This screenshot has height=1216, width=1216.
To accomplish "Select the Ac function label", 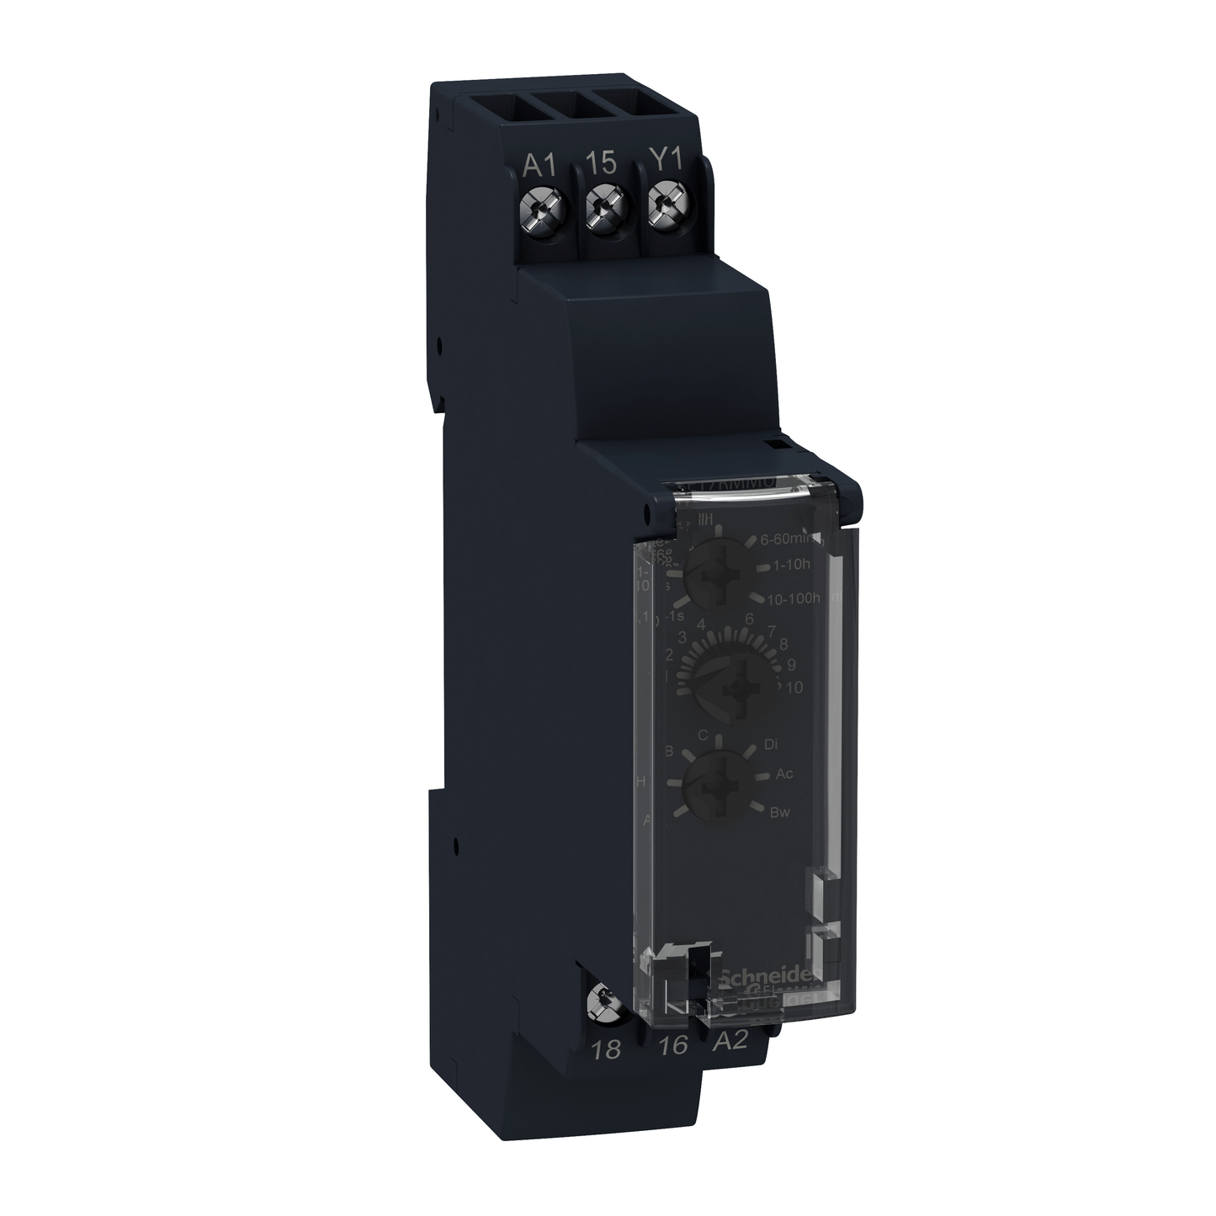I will tap(784, 773).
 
